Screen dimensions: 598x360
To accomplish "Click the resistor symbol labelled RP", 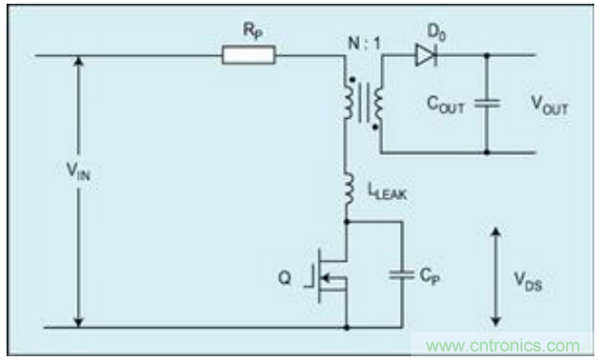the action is (x=249, y=55).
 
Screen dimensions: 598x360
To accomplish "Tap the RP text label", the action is (x=253, y=31).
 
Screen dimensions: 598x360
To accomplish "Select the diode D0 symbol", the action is (x=426, y=55).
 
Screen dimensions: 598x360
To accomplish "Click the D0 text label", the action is (x=436, y=32).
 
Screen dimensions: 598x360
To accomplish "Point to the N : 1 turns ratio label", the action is (x=364, y=44).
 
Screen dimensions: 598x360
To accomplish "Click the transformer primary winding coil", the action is (x=349, y=99).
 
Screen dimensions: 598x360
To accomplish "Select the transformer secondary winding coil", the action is (x=378, y=104).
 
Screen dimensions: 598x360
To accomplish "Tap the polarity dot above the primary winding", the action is (x=352, y=79).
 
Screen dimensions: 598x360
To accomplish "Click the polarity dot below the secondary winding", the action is (x=375, y=127).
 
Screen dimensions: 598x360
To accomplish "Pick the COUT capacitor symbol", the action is (x=487, y=104).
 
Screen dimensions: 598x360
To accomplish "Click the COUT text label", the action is (x=445, y=105).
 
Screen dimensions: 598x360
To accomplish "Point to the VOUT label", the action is (x=549, y=106).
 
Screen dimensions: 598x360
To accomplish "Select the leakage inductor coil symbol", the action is (x=349, y=191).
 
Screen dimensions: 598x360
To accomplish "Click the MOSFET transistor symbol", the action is (x=326, y=276).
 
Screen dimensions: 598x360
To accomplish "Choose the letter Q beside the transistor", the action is (x=284, y=278).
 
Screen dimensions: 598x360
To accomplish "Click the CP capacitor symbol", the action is (x=402, y=275).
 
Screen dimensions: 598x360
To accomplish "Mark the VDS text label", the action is (x=528, y=281).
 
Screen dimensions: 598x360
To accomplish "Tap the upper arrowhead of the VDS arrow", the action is (x=495, y=232).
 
